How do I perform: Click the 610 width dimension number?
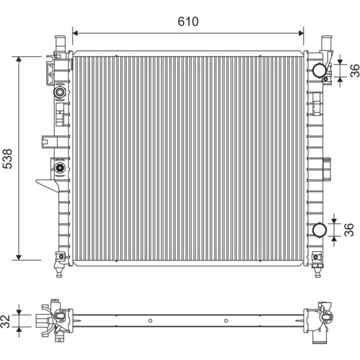188,22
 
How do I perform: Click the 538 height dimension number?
7,158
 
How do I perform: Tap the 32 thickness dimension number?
6,321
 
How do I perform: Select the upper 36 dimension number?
355,71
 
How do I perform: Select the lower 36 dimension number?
349,230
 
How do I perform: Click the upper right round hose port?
320,70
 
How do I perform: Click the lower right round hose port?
320,230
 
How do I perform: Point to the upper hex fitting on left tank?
60,91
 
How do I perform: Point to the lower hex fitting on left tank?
59,168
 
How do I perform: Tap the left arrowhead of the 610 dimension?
75,33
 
